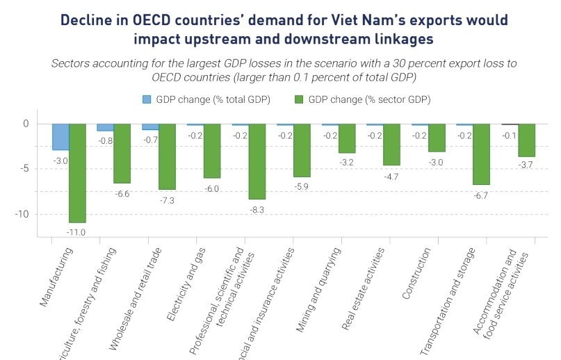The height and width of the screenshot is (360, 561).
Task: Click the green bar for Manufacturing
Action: [77, 173]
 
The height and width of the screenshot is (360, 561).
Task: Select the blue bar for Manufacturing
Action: [60, 137]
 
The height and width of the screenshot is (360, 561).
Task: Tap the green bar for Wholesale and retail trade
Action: [167, 156]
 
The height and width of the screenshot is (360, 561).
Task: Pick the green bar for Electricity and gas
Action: [212, 151]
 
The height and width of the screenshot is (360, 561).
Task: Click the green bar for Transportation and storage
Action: [482, 154]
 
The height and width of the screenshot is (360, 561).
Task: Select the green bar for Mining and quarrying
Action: [347, 138]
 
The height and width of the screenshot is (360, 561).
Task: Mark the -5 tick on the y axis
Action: [26, 169]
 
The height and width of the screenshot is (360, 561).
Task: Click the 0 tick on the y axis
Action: [29, 124]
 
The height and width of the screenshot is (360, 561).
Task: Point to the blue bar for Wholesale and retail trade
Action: [150, 127]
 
